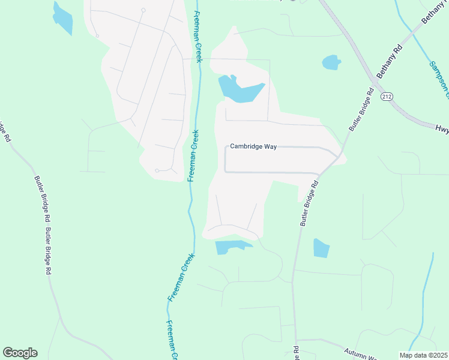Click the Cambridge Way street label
[253, 147]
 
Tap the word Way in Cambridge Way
[270, 147]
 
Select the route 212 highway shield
[387, 97]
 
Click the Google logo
[20, 352]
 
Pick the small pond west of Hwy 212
[331, 62]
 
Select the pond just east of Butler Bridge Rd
[321, 248]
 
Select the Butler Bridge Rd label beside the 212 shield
[360, 110]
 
